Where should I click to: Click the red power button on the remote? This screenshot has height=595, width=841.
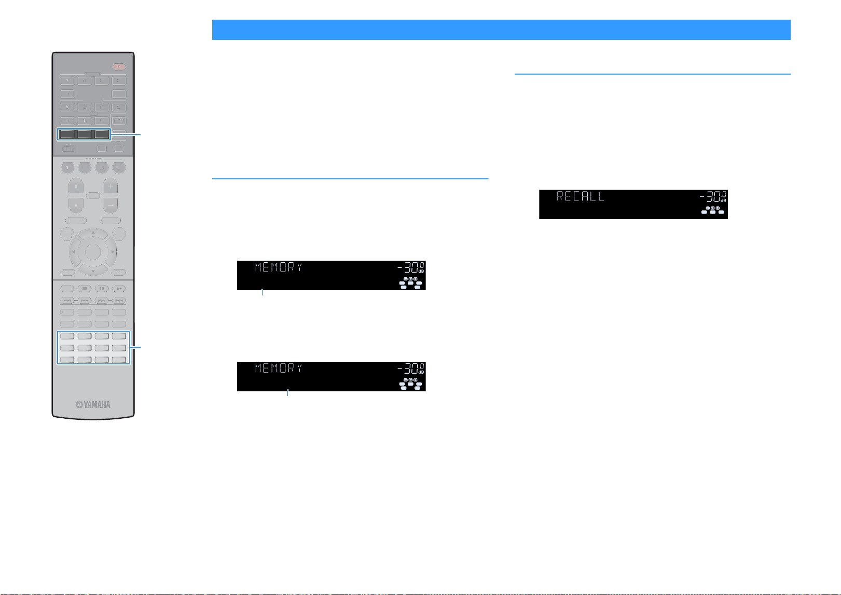118,67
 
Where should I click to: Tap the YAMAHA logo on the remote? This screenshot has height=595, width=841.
93,404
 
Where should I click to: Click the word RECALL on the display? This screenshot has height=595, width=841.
580,196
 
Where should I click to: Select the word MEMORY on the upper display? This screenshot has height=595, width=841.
278,267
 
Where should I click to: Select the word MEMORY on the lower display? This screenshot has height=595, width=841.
278,368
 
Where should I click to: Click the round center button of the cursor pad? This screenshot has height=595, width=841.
93,252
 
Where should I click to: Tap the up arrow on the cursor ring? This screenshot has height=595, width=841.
93,232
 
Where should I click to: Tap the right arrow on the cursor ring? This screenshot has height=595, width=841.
113,252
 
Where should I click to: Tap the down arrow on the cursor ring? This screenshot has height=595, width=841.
93,271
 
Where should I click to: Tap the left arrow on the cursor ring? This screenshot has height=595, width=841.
74,252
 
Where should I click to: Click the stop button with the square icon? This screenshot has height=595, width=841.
85,289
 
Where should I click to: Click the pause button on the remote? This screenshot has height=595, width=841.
101,289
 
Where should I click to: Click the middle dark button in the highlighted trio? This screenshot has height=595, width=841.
85,134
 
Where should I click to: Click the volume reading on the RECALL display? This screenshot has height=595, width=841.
713,196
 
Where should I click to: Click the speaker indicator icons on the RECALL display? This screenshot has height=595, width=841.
713,210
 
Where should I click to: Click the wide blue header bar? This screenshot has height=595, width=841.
501,30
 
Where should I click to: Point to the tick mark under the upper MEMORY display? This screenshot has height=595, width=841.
262,292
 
